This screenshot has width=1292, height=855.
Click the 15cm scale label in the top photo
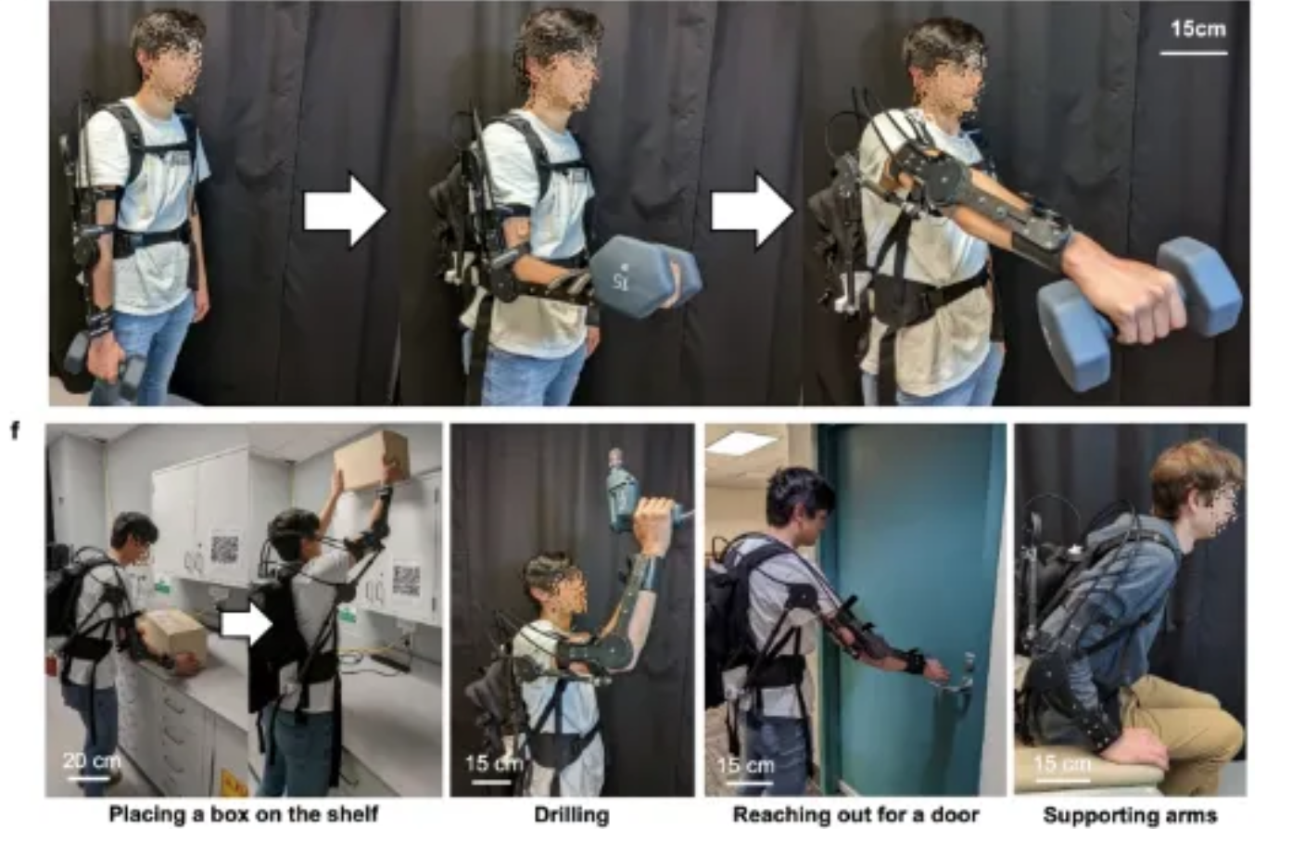point(1198,29)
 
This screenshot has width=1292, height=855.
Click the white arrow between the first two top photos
point(345,211)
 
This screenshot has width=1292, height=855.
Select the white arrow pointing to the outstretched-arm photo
point(753,211)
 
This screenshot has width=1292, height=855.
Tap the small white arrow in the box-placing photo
point(247,626)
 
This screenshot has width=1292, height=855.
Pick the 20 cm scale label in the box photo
point(92,760)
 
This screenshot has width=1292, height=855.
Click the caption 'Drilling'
point(571,815)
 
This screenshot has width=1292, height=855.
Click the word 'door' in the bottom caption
point(952,814)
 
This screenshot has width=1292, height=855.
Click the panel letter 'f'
point(16,430)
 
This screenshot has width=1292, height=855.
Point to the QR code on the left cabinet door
point(224,548)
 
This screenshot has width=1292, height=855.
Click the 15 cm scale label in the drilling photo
point(494,764)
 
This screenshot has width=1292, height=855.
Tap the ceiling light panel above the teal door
point(741,442)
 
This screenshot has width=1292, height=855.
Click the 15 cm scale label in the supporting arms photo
point(1062,764)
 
